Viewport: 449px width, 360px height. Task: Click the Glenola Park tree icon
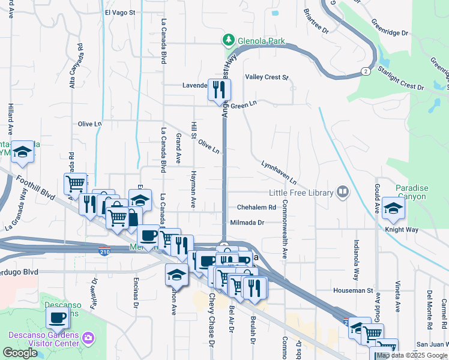[x=228, y=40]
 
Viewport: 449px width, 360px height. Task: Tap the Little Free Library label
[x=301, y=193]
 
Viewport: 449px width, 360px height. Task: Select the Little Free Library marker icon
[x=343, y=192]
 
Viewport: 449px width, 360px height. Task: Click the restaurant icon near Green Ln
[x=218, y=90]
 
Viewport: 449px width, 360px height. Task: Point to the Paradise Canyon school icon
[x=393, y=208]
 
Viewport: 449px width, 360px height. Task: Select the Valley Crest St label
[x=267, y=77]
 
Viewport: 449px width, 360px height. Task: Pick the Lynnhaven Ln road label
[x=279, y=172]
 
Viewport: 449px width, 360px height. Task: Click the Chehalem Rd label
[x=256, y=207]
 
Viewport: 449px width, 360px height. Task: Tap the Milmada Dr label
[x=247, y=222]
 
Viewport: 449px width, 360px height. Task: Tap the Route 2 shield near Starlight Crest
[x=365, y=71]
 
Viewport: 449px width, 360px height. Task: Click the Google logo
[x=20, y=353]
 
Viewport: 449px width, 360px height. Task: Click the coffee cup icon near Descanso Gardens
[x=58, y=317]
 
